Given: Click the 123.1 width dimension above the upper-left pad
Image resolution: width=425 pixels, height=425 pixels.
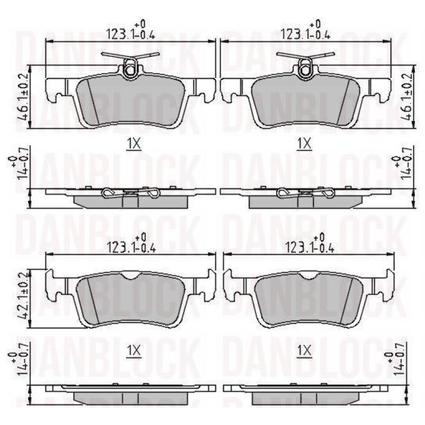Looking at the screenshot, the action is click(130, 30).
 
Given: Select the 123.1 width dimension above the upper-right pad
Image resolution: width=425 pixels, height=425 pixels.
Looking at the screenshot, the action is click(305, 30).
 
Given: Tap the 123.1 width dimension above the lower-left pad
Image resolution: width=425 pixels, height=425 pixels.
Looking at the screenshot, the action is click(131, 244).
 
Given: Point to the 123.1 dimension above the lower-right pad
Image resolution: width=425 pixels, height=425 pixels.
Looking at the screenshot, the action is click(310, 244).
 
